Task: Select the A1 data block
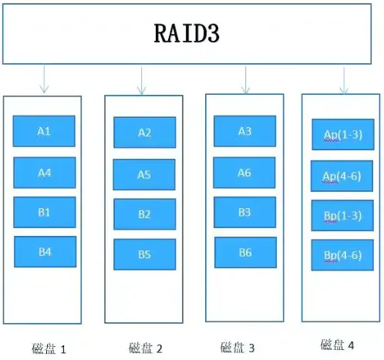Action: click(44, 132)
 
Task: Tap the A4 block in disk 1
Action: click(45, 173)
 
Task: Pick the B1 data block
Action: click(45, 213)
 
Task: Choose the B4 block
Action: click(45, 252)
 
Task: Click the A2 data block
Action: click(145, 133)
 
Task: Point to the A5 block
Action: click(144, 175)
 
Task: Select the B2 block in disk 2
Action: click(144, 214)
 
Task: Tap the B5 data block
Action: click(144, 254)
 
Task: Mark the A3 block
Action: click(244, 132)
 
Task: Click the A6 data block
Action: click(244, 173)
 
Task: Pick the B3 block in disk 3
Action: click(244, 212)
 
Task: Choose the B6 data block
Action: click(245, 253)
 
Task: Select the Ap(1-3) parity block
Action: click(342, 135)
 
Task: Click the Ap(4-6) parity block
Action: click(342, 177)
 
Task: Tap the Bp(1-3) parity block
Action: click(342, 216)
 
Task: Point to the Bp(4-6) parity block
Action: click(342, 255)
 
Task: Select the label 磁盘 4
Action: click(337, 345)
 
